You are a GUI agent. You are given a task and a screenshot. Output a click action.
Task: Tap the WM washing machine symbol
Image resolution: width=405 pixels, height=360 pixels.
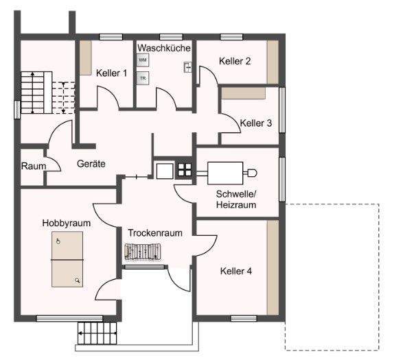pyautogui.click(x=143, y=60)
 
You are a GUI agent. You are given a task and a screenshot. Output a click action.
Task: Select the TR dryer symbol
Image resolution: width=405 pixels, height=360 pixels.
pyautogui.click(x=143, y=78)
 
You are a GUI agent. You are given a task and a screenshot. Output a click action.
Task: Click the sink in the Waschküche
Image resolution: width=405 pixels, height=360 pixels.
pyautogui.click(x=187, y=67)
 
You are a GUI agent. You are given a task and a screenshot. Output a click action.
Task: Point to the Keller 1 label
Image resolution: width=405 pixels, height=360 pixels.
pyautogui.click(x=111, y=73)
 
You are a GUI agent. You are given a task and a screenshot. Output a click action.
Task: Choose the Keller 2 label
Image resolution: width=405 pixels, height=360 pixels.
pyautogui.click(x=235, y=61)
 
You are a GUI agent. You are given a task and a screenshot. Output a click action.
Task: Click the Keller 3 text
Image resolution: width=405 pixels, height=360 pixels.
pyautogui.click(x=256, y=123)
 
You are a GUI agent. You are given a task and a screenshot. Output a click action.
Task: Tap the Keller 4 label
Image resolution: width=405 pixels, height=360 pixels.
pyautogui.click(x=235, y=271)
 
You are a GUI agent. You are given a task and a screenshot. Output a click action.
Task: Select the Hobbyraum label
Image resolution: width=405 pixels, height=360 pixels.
pyautogui.click(x=67, y=223)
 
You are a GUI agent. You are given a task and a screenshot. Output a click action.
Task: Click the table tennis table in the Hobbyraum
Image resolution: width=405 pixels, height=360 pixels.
pyautogui.click(x=67, y=260)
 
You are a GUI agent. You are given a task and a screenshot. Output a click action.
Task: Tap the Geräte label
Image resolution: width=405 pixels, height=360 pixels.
pyautogui.click(x=91, y=165)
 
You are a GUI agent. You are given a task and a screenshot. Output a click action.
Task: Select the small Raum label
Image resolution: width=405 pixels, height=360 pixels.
pyautogui.click(x=33, y=166)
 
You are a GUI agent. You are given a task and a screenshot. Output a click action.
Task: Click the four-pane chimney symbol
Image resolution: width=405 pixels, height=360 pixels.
pyautogui.click(x=185, y=169)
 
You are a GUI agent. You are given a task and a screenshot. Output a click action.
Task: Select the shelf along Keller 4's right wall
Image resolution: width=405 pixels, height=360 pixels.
pyautogui.click(x=273, y=267)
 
